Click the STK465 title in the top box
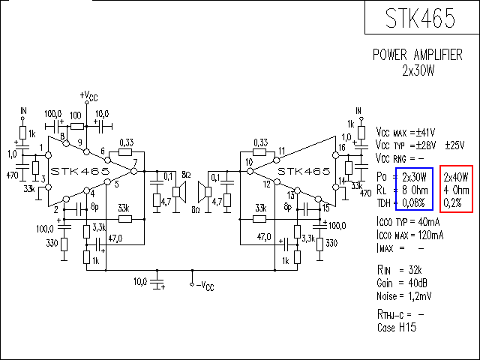(420, 18)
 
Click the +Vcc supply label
(88, 96)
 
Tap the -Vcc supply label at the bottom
(205, 286)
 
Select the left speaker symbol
(179, 192)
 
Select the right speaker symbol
(205, 192)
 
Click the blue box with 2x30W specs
(414, 189)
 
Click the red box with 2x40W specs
(457, 189)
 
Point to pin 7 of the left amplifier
(134, 171)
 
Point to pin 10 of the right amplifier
(250, 171)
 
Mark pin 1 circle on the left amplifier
(48, 155)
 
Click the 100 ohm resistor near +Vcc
(77, 126)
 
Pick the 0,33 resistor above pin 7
(125, 151)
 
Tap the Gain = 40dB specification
(402, 283)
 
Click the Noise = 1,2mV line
(404, 296)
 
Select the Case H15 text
(397, 328)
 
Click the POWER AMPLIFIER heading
(418, 55)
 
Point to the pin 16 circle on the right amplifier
(336, 155)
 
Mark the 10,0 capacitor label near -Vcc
(140, 281)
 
